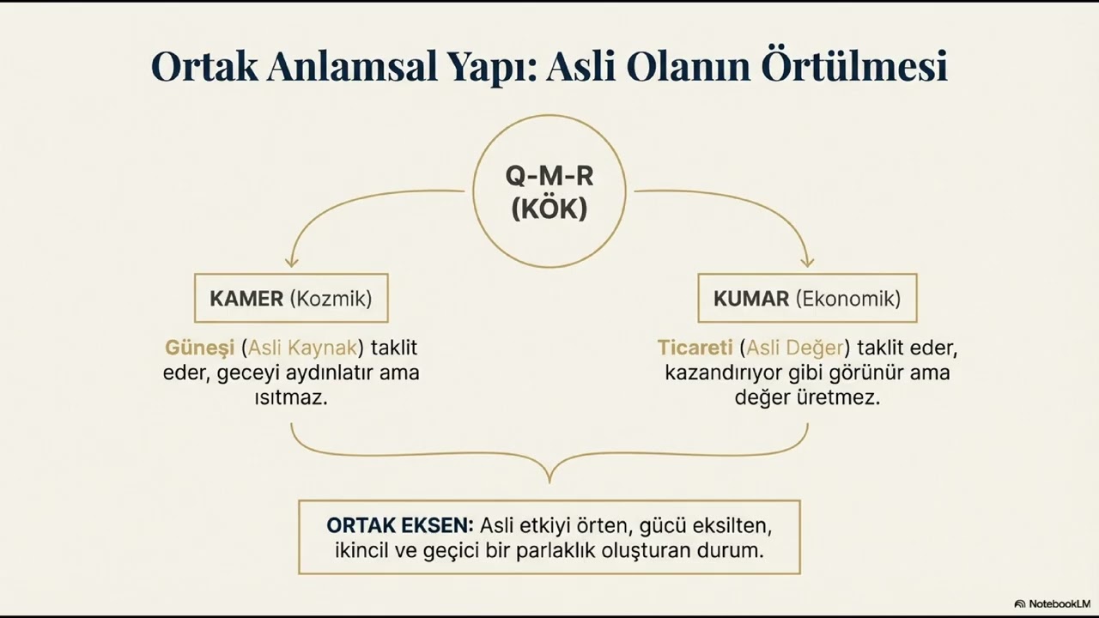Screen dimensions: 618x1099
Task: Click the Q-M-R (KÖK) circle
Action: tap(549, 191)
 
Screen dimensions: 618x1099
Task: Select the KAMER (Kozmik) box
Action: tap(291, 299)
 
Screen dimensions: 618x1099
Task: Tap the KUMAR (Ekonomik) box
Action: tap(807, 299)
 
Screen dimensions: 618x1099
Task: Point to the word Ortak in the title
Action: tap(204, 66)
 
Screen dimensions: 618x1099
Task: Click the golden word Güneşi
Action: tap(199, 348)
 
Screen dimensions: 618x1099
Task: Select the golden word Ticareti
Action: tap(695, 348)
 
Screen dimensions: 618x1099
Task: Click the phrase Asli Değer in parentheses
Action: tap(795, 348)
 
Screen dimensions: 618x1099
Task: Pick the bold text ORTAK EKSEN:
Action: tap(399, 524)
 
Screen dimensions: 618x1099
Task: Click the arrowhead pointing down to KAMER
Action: tap(292, 260)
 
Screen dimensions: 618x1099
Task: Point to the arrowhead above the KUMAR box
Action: tap(807, 260)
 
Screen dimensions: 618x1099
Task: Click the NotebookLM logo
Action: tap(1052, 604)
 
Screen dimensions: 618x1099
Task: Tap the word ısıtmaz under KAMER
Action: tap(290, 398)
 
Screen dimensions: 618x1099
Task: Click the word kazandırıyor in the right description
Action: tap(722, 373)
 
